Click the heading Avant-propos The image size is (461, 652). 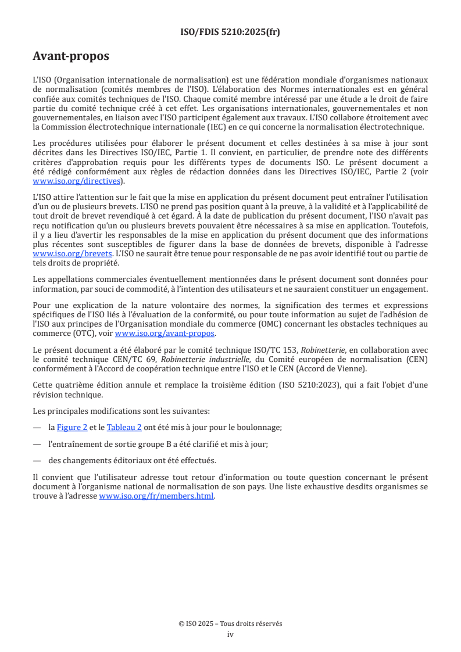pos(71,56)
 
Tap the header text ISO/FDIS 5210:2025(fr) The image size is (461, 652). pos(230,32)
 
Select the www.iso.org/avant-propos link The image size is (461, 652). pos(165,333)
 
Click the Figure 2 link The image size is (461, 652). pos(72,427)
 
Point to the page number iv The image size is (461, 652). pos(230,634)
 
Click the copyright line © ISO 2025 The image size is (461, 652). pos(230,624)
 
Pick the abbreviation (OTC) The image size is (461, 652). pos(81,333)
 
